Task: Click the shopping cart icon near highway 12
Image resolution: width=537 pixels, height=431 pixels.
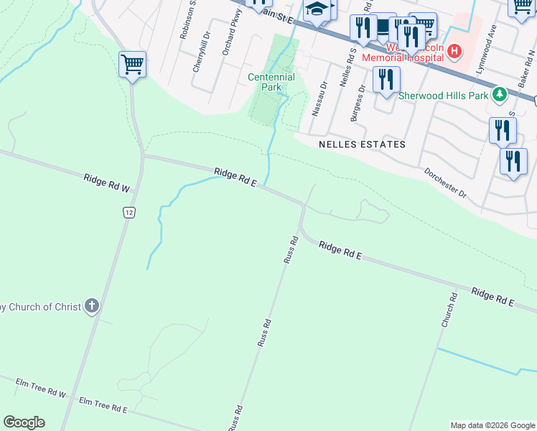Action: click(132, 65)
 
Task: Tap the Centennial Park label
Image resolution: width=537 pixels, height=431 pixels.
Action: click(271, 82)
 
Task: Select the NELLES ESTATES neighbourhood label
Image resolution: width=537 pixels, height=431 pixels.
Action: click(362, 144)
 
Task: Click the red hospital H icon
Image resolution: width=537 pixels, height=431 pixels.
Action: click(455, 52)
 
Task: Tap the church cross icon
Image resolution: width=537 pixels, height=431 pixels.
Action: click(91, 307)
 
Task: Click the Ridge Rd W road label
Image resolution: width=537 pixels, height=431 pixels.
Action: click(106, 183)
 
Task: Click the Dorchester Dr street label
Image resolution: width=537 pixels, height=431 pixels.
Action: click(444, 184)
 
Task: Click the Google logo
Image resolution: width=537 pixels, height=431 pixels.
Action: click(24, 422)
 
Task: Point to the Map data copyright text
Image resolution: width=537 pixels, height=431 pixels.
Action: click(492, 425)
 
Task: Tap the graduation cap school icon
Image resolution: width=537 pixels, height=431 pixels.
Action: click(315, 10)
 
